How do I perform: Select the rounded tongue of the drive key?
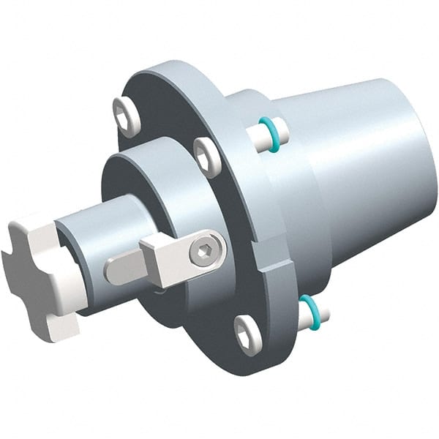121,269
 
